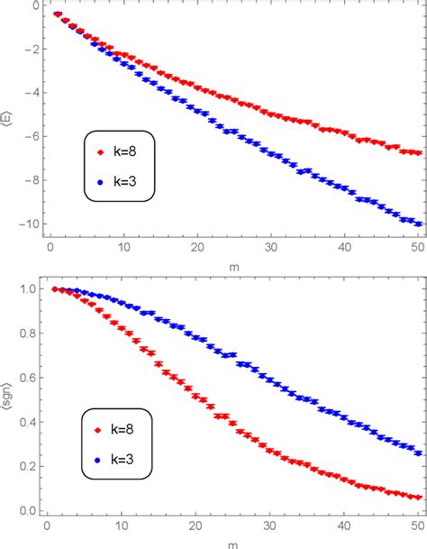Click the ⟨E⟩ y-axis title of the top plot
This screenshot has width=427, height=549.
point(9,118)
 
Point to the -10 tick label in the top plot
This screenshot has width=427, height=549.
point(29,224)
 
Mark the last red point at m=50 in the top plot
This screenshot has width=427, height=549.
point(418,152)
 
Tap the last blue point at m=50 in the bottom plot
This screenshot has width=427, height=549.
point(418,453)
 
